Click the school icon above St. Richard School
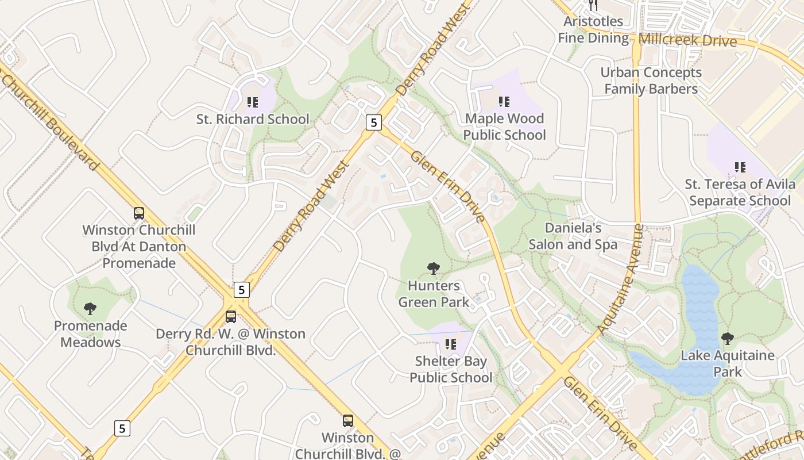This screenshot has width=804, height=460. (253, 102)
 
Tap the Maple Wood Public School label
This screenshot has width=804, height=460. (504, 127)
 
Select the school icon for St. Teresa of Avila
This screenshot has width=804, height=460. (740, 167)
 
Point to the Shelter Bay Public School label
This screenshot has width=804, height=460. (451, 370)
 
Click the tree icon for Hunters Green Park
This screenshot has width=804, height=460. (434, 268)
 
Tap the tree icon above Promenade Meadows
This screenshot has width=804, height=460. (90, 309)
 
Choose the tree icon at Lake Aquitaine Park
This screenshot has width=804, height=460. (728, 338)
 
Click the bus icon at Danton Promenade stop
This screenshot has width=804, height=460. (139, 213)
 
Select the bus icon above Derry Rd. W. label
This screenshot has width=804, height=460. (231, 316)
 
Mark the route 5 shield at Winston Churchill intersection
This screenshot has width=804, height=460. (242, 290)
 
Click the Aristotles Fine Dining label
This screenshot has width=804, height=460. (593, 30)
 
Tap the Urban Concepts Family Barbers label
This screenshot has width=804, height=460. (651, 81)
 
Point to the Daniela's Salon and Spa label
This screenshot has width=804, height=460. (573, 236)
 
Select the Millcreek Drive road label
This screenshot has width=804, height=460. (687, 40)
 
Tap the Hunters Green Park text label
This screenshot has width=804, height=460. (434, 294)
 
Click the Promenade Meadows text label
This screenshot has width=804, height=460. (91, 334)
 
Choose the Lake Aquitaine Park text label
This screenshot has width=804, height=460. (728, 363)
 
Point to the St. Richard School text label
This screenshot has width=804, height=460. (253, 120)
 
